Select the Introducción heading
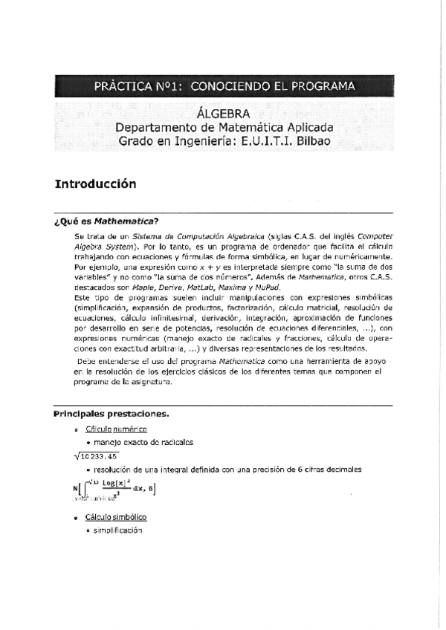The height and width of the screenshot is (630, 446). (x=96, y=182)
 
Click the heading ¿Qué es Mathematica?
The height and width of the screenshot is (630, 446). (x=106, y=221)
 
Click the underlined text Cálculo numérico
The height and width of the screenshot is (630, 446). (x=116, y=429)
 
